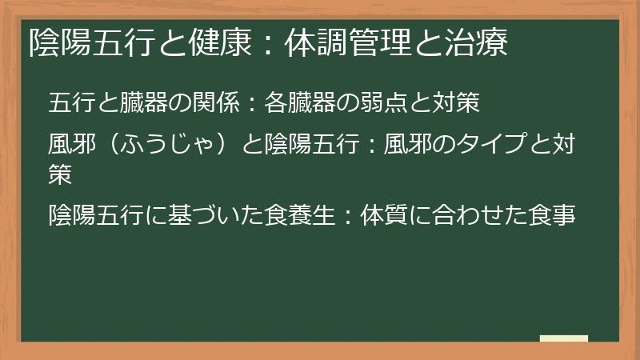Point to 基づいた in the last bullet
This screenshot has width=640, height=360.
click(x=217, y=215)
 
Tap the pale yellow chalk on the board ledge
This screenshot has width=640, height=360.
click(x=564, y=338)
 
